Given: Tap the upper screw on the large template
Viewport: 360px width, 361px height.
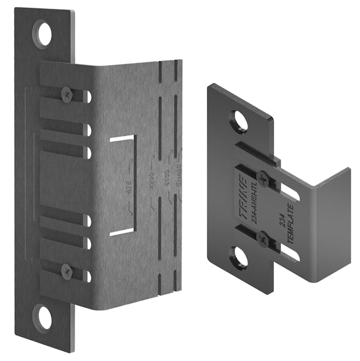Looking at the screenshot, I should [67, 94].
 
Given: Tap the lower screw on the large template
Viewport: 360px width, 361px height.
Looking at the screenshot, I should [67, 270].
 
